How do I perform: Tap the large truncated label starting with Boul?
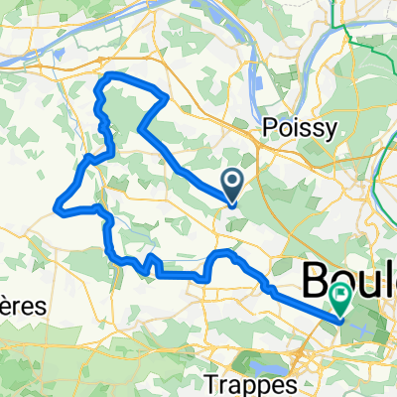pyautogui.click(x=347, y=281)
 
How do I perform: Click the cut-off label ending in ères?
pyautogui.click(x=22, y=307)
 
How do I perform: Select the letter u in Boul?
pyautogui.click(x=368, y=283)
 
